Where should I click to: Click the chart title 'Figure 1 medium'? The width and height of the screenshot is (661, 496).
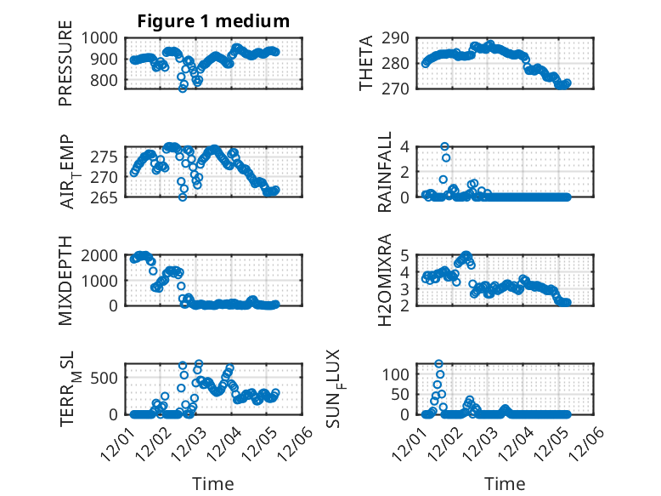213,21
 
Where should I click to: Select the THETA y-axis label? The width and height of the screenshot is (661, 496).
366,62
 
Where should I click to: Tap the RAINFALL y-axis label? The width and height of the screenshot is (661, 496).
385,171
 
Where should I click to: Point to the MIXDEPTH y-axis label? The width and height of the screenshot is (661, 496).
65,280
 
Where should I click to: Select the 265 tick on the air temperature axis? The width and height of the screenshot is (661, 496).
108,197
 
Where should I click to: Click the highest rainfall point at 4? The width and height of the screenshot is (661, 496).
444,146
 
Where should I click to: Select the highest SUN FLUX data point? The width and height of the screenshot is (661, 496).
439,364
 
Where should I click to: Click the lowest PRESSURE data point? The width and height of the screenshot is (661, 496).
183,88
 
